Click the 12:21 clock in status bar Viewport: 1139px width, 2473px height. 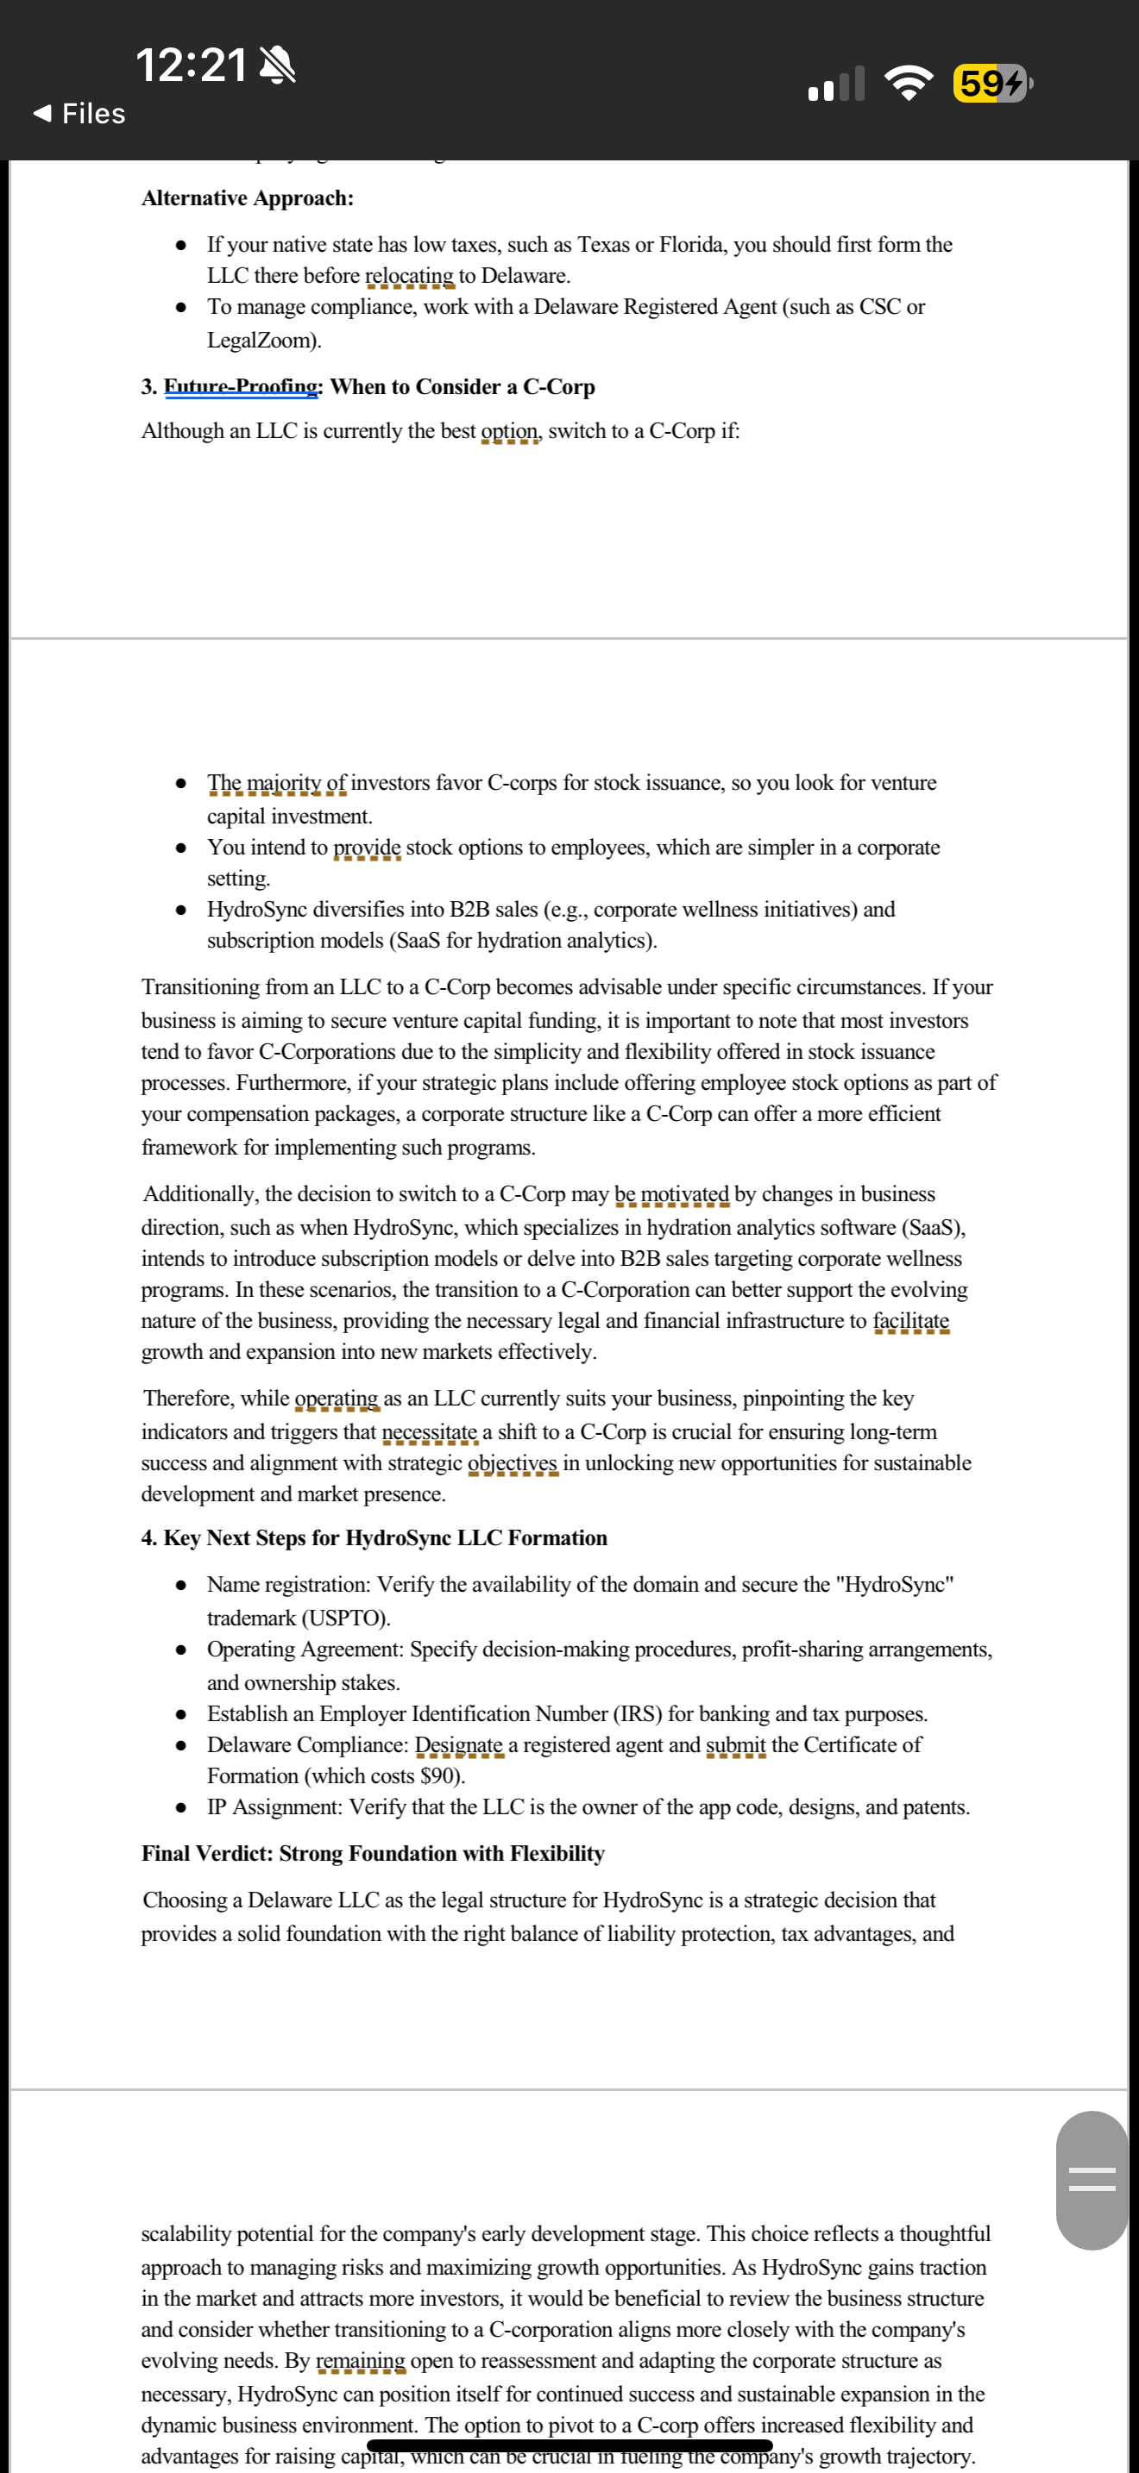190,66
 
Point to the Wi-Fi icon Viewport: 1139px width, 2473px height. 909,83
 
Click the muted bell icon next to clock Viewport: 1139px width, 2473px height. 278,66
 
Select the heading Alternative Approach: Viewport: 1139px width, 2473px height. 247,197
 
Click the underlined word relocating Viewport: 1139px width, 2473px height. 409,276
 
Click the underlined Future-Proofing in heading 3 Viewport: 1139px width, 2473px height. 241,386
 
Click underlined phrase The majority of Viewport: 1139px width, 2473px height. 277,782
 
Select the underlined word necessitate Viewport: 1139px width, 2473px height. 430,1431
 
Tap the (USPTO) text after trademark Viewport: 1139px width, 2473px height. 346,1618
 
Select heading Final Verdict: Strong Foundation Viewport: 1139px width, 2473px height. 373,1853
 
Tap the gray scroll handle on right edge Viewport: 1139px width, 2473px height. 1092,2179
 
